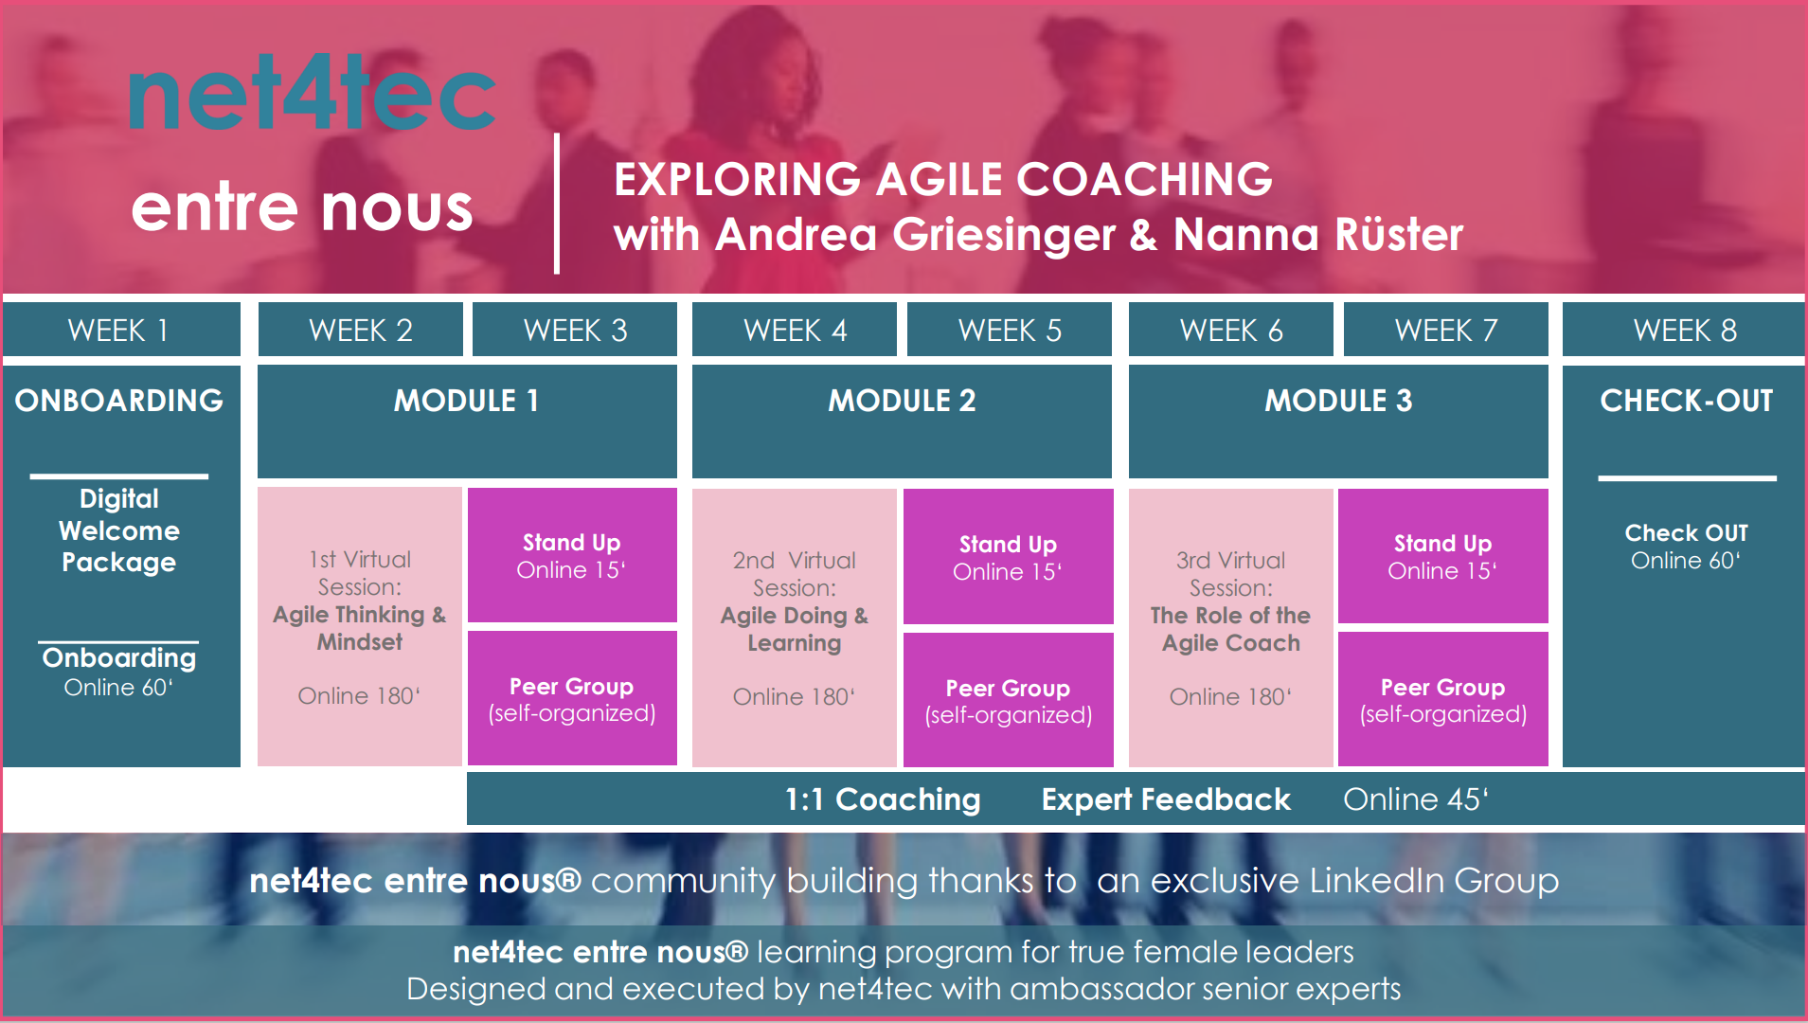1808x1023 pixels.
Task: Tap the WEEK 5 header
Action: pyautogui.click(x=1010, y=330)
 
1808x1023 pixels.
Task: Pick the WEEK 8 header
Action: pyautogui.click(x=1684, y=330)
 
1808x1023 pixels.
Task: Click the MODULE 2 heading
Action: pyautogui.click(x=902, y=401)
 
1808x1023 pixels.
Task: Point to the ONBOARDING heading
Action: pyautogui.click(x=119, y=401)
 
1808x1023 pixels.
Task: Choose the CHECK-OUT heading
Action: pyautogui.click(x=1686, y=401)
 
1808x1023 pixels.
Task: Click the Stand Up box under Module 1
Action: pyautogui.click(x=572, y=555)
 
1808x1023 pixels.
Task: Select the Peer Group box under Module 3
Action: pyautogui.click(x=1442, y=700)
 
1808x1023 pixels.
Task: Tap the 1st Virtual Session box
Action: pyautogui.click(x=360, y=626)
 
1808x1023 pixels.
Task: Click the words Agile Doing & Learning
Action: pyautogui.click(x=794, y=629)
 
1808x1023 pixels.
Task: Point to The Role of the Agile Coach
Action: pyautogui.click(x=1230, y=629)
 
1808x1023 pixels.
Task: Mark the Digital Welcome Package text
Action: pyautogui.click(x=119, y=530)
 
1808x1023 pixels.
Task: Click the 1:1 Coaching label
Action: pyautogui.click(x=883, y=799)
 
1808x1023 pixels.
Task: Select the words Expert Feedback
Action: pyautogui.click(x=1166, y=799)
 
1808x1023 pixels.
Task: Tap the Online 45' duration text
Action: pyautogui.click(x=1416, y=799)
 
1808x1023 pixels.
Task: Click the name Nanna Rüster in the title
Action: pyautogui.click(x=1318, y=234)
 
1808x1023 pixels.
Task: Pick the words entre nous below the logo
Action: pyautogui.click(x=302, y=207)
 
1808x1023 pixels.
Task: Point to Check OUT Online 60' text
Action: pyautogui.click(x=1686, y=547)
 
